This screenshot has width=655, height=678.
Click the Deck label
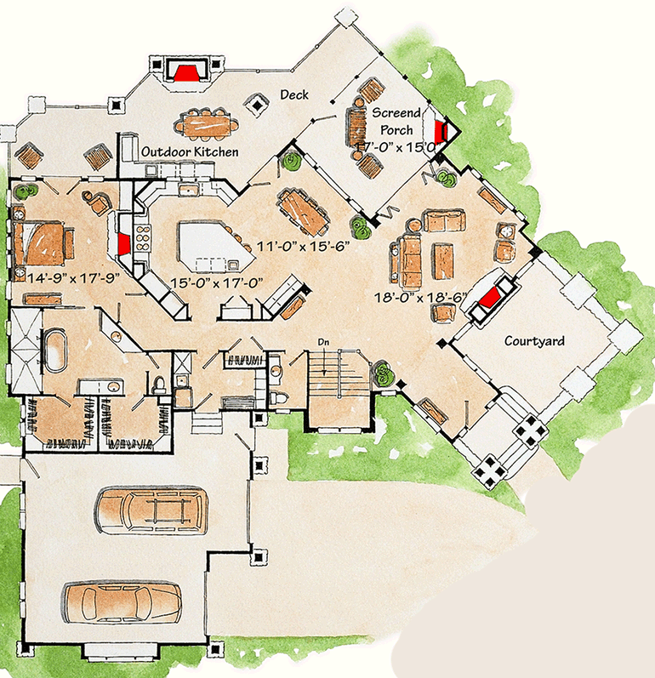point(294,94)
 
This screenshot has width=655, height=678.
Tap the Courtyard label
point(534,341)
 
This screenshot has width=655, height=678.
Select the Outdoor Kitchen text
point(190,151)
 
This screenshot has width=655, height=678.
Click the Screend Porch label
point(396,122)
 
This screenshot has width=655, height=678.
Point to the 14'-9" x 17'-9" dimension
point(73,277)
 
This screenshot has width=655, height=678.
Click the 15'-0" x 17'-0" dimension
point(217,283)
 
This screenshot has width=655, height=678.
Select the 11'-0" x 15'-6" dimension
point(303,247)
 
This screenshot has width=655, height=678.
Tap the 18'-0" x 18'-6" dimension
point(421,298)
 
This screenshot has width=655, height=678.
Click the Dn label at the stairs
point(323,343)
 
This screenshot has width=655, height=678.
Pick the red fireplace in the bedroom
point(124,244)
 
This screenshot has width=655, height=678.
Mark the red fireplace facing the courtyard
point(489,299)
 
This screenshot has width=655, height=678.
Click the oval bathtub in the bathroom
point(54,350)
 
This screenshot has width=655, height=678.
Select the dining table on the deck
point(206,124)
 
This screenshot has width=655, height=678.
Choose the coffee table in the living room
point(444,260)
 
